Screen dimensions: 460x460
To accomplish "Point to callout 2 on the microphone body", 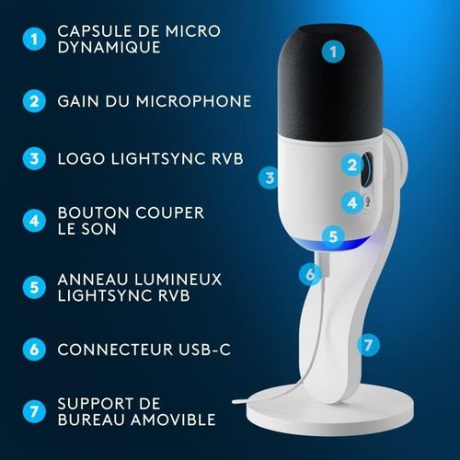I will click(351, 166).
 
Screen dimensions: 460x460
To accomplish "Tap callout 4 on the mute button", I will click(351, 201).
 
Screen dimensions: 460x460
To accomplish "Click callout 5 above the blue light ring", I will click(333, 236).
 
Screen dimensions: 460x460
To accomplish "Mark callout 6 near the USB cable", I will click(310, 273).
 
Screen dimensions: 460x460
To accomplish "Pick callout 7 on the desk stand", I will click(368, 345).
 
